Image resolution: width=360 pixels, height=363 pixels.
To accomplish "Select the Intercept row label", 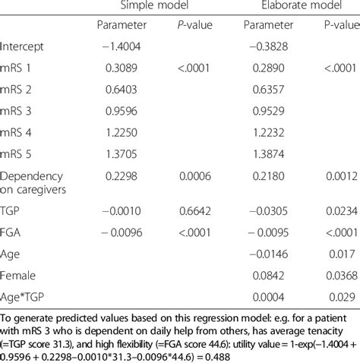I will pyautogui.click(x=23, y=46).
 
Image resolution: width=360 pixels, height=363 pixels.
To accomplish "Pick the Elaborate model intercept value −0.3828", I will pyautogui.click(x=261, y=46).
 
